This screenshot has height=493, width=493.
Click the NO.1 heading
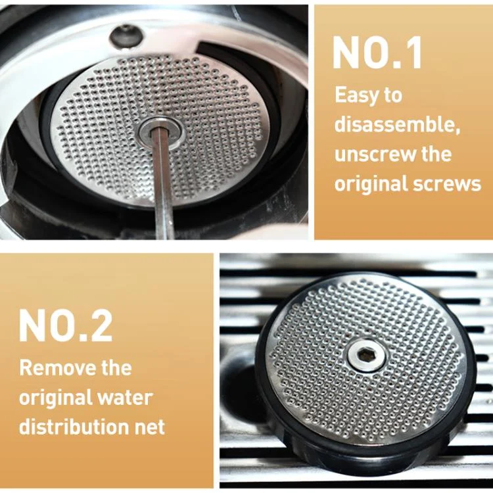tap(377, 53)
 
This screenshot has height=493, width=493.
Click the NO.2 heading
tap(65, 325)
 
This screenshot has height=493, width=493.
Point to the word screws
tap(452, 183)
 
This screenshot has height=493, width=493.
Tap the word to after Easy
tap(393, 96)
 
